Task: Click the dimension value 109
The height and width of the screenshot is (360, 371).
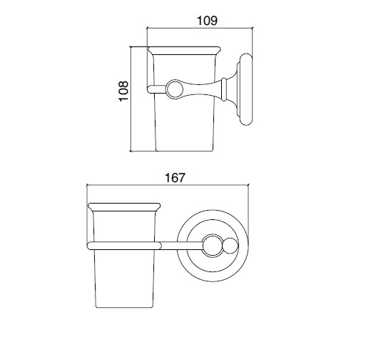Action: click(207, 21)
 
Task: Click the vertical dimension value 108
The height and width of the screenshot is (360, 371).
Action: click(123, 91)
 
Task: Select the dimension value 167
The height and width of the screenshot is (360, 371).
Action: click(175, 178)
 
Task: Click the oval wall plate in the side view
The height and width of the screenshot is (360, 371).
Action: click(246, 89)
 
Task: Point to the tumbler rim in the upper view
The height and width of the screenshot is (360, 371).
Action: click(184, 51)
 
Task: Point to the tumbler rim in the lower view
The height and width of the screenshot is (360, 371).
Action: click(124, 207)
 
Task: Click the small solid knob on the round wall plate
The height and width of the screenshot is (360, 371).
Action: click(230, 246)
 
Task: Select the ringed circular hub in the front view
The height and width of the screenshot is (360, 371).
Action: click(213, 246)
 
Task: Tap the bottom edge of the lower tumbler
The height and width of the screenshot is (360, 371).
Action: click(124, 307)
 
